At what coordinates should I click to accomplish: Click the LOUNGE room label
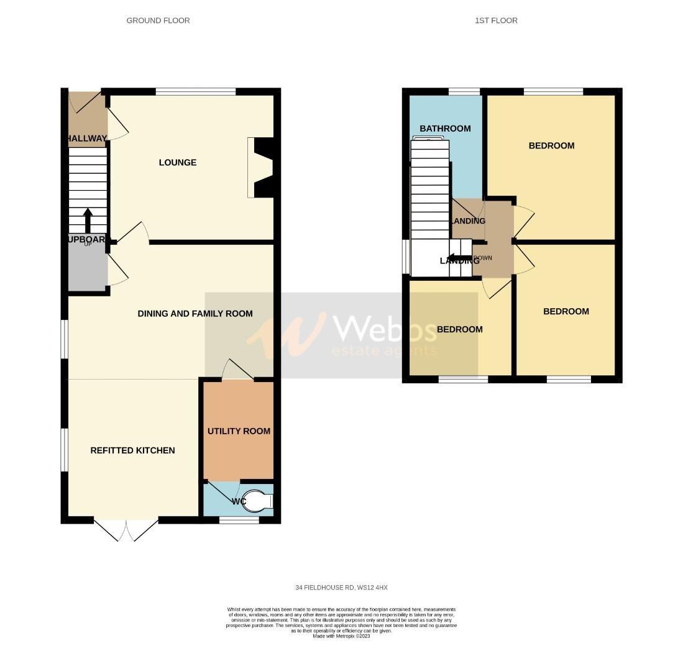(177, 163)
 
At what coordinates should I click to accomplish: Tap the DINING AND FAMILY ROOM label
(195, 314)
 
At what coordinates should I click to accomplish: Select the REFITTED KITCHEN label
(132, 450)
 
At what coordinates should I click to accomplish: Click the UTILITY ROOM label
(239, 431)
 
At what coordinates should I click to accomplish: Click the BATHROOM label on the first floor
(445, 129)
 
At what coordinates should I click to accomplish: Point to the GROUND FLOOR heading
(158, 21)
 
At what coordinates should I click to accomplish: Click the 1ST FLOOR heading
(496, 21)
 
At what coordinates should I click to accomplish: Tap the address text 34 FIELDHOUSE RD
(341, 588)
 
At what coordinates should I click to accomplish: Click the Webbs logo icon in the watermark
(286, 335)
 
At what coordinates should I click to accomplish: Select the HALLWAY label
(87, 139)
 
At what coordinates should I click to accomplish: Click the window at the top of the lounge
(195, 92)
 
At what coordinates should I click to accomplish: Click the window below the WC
(239, 520)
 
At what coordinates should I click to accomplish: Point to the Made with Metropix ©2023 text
(341, 636)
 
